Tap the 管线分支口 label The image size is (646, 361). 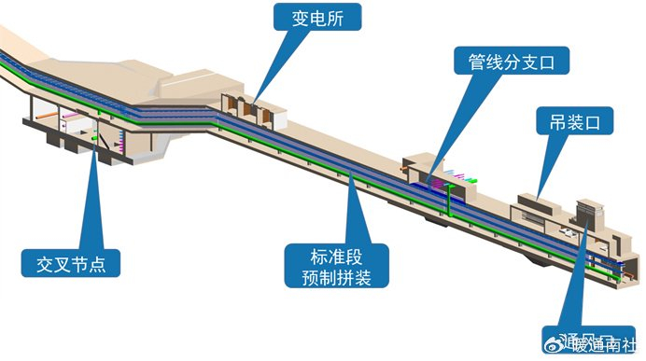coord(511,62)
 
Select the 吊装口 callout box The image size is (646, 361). coord(574,122)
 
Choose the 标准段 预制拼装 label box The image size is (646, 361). coord(336,265)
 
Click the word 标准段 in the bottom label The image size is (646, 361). coord(336,254)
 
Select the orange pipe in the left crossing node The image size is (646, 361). coord(70,121)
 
